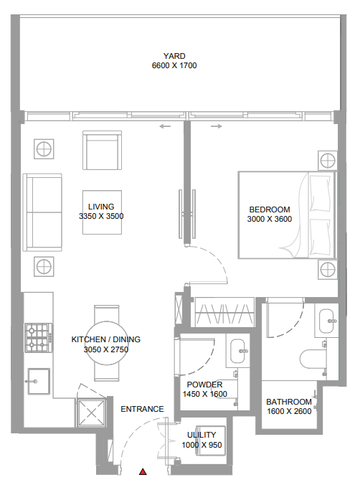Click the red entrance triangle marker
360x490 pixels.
tap(143, 471)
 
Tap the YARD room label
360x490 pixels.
tap(174, 56)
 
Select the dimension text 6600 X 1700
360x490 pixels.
tap(174, 65)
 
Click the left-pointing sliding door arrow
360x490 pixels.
tap(165, 126)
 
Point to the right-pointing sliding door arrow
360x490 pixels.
tap(217, 126)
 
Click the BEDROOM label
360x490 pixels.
tap(270, 209)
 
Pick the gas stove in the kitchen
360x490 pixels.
tap(39, 338)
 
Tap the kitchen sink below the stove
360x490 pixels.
tap(38, 381)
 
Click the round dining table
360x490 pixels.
tap(107, 343)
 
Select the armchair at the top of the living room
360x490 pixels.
tap(102, 151)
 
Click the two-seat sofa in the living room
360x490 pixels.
tap(42, 212)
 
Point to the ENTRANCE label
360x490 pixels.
tap(142, 409)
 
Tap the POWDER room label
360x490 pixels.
tap(204, 385)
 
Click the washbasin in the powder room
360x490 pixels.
tap(238, 351)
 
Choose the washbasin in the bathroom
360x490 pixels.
tap(327, 321)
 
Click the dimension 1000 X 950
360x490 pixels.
tap(202, 445)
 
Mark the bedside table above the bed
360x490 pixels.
tap(328, 161)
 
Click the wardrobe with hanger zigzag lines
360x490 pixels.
tap(224, 313)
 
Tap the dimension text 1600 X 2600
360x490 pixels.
tap(289, 411)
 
